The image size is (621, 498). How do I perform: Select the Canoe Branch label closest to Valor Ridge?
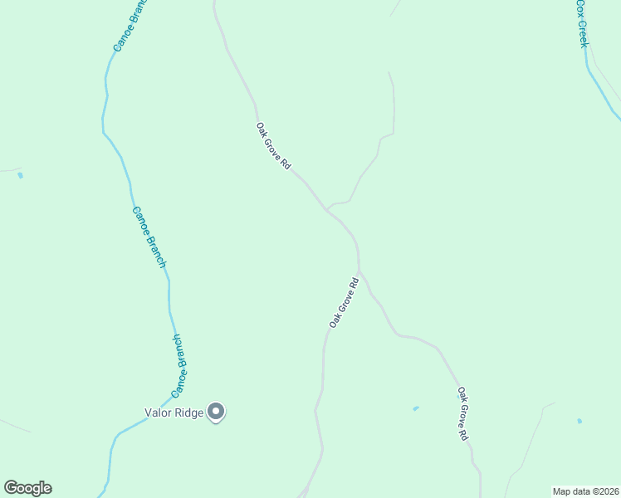click(x=178, y=365)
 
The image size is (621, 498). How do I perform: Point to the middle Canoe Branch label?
click(x=149, y=237)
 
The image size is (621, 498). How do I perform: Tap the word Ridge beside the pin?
click(x=188, y=412)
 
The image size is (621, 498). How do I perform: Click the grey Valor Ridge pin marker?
click(x=216, y=412)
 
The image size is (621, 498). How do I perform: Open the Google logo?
click(x=27, y=488)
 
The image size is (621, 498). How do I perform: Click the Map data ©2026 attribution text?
click(x=585, y=491)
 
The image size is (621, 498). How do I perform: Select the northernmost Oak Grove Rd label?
click(x=273, y=147)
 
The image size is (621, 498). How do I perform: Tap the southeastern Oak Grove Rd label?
click(x=463, y=413)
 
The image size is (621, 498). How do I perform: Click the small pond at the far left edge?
click(x=20, y=175)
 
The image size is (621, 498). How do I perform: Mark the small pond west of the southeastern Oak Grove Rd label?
click(x=415, y=408)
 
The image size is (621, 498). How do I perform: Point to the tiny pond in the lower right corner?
click(x=579, y=421)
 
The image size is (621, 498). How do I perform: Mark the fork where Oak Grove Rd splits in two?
click(x=359, y=271)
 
